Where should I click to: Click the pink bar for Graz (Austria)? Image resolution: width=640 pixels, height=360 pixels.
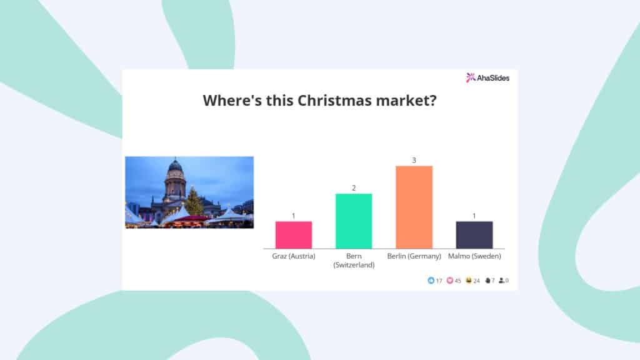pos(294,235)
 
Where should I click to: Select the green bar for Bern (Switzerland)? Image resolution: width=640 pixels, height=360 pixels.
pos(354,221)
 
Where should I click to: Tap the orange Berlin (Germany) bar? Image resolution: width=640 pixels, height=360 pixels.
pos(414,207)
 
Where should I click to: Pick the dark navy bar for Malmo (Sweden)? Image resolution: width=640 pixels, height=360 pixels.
pos(474,235)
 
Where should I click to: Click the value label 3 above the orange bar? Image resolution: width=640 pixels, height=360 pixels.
pos(414,161)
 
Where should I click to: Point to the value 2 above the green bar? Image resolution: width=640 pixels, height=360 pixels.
pos(354,188)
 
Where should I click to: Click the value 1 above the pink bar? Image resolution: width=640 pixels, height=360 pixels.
pos(294,216)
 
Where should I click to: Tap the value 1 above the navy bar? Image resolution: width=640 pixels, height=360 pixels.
pos(474,216)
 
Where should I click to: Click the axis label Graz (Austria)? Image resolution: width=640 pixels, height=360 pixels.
pos(294,256)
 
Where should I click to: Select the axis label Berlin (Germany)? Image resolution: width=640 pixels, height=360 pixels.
pos(414,256)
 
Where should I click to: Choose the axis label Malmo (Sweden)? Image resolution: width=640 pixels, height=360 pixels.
pos(474,256)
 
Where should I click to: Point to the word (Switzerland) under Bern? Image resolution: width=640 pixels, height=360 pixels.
pos(354,265)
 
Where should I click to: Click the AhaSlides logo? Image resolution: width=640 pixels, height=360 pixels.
pos(487,77)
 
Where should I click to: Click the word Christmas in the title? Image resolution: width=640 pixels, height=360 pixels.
pos(334,101)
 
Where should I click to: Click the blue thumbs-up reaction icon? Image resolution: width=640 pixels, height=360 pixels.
pos(431,281)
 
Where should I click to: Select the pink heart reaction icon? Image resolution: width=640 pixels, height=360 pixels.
pos(450,281)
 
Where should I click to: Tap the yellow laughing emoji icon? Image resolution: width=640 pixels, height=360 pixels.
pos(469,281)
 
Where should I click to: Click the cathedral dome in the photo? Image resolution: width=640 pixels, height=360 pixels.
pos(175,166)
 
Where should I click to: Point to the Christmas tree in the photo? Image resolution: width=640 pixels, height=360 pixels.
pos(194,202)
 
